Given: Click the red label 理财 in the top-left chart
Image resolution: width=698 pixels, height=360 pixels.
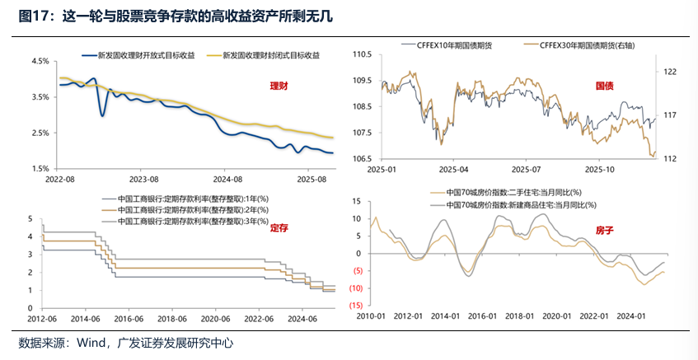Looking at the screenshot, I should pos(279,86).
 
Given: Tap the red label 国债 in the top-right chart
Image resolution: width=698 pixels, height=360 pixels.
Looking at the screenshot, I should pos(607,85).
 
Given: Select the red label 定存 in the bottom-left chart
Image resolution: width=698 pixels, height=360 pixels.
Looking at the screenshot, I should pos(280,228).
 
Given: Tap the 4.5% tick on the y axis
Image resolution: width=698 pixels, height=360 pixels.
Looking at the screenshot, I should pos(38,62).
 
